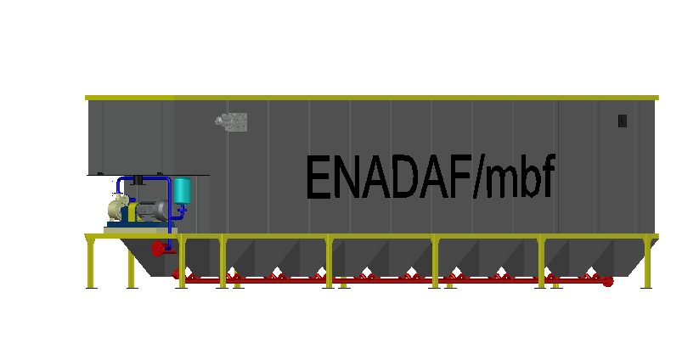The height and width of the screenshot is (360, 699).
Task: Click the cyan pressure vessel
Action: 182,191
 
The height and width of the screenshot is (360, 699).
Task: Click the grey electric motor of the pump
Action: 153,210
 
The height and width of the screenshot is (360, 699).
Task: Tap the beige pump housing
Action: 117,208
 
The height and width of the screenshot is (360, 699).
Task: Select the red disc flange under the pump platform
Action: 157,249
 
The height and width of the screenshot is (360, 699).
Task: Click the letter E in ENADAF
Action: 318,177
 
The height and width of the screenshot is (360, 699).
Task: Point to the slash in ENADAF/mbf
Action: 478,177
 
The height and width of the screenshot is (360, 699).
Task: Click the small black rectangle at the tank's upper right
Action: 623,121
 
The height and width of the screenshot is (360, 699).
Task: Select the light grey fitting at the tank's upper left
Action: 231,121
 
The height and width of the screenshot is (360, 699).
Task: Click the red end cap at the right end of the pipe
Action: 607,282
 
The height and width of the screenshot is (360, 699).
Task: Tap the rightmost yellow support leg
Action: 646,264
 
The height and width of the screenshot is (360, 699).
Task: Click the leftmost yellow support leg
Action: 92,263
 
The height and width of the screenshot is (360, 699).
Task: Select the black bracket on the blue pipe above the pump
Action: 138,181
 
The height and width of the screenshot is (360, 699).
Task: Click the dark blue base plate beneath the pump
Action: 139,224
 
